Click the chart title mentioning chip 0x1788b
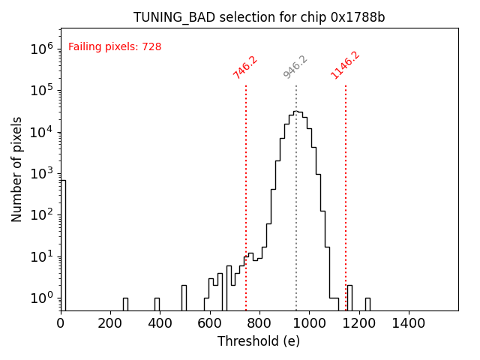pos(259,17)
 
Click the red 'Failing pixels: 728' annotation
pos(115,47)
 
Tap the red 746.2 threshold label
pos(245,67)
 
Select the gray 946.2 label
pos(295,67)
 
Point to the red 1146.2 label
pos(345,65)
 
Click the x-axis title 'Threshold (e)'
pos(259,341)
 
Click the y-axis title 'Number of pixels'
pos(17,169)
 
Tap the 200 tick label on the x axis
pos(110,323)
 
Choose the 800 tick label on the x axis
pos(259,323)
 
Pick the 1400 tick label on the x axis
pos(408,323)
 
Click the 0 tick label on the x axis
pos(61,323)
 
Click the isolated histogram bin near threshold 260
pos(125,304)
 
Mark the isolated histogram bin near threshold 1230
pos(367,304)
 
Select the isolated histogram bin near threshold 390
pos(157,304)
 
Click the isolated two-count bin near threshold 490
pos(184,298)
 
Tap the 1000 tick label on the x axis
pos(309,323)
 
